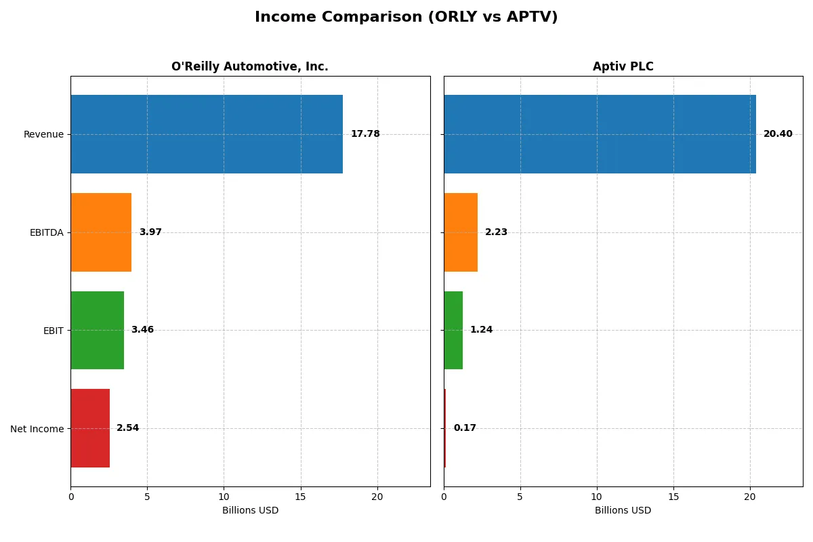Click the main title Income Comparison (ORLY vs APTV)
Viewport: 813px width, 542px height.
406,18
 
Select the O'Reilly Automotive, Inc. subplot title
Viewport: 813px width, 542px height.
249,66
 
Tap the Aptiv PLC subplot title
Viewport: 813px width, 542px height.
623,66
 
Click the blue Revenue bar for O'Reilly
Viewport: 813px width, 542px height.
207,134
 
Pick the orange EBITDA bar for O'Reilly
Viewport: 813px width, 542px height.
101,232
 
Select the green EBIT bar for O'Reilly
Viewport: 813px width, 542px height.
97,330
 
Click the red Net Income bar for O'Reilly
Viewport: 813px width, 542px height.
90,428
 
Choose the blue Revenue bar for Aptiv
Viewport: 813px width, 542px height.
600,134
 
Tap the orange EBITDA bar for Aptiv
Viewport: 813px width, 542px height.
461,232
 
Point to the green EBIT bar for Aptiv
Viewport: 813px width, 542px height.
453,330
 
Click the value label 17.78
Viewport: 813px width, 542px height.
365,134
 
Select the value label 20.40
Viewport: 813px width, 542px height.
778,134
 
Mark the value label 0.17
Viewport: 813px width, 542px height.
465,428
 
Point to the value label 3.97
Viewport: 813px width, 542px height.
150,232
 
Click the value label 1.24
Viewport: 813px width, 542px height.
481,330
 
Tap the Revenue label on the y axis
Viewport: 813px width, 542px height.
43,135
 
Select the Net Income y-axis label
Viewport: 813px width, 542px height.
37,429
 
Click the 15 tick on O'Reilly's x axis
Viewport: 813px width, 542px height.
300,497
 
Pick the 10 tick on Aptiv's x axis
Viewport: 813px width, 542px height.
597,497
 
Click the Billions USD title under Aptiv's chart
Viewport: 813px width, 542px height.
623,511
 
